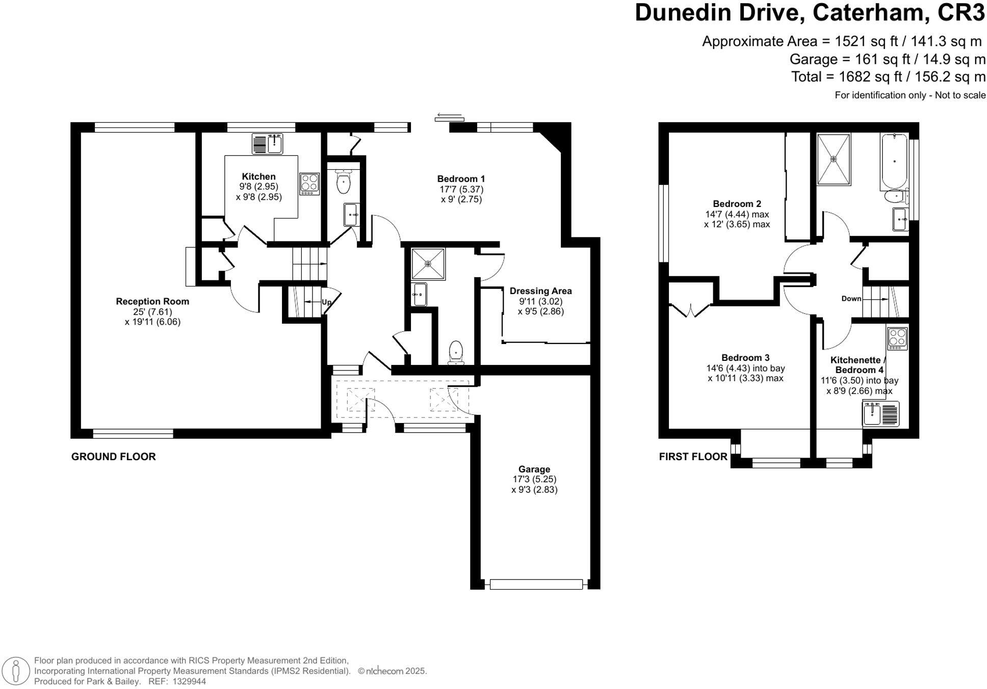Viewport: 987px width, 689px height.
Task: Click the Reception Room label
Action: [152, 301]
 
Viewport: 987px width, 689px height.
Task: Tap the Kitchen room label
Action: [258, 176]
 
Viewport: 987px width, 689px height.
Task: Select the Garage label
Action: [534, 469]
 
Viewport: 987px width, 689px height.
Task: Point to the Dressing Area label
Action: [540, 291]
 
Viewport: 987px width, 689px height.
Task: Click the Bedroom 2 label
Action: [737, 204]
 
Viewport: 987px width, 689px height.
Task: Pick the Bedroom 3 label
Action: [745, 358]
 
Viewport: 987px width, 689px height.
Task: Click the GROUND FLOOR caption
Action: [113, 457]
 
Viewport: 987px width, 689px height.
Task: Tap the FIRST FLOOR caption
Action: [693, 457]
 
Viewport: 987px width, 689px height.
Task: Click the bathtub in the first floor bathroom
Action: [894, 162]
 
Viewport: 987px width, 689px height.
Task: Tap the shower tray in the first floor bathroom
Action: [834, 159]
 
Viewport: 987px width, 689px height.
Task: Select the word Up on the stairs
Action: [326, 302]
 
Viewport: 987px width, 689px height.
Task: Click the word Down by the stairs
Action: [851, 299]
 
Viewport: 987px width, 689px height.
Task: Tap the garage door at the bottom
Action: [536, 584]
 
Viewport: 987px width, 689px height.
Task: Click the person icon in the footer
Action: [17, 671]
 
